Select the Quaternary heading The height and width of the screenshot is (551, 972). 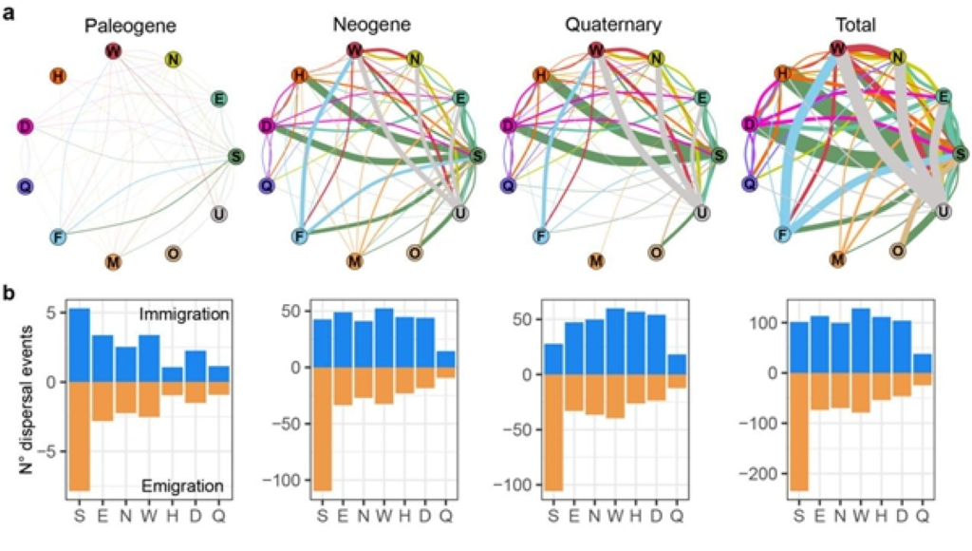pyautogui.click(x=598, y=27)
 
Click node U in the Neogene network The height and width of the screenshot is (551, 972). pyautogui.click(x=459, y=212)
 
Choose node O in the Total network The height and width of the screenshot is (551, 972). pyautogui.click(x=897, y=251)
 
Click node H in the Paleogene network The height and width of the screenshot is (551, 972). pyautogui.click(x=57, y=76)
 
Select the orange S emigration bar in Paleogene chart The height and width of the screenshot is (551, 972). pyautogui.click(x=80, y=436)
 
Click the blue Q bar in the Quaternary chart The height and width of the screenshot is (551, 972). pyautogui.click(x=675, y=364)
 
